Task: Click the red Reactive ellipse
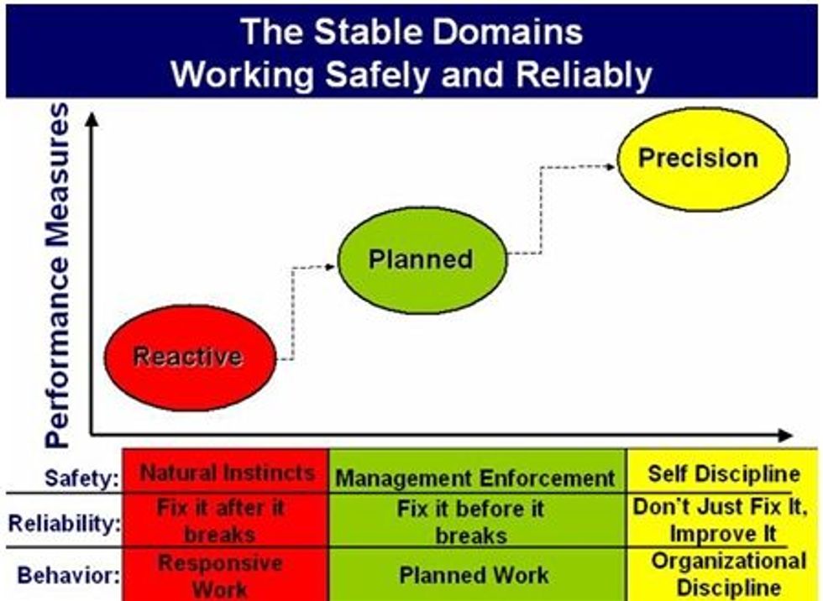189,358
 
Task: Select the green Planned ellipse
422,259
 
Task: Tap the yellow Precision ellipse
703,159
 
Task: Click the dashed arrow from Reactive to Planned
293,311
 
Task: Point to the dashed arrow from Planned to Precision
541,210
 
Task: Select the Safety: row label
81,479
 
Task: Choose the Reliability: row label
66,522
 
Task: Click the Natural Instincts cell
227,473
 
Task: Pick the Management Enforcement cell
475,478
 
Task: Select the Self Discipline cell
723,473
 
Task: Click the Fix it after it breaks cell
220,520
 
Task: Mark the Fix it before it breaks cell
472,521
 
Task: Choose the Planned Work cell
474,575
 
